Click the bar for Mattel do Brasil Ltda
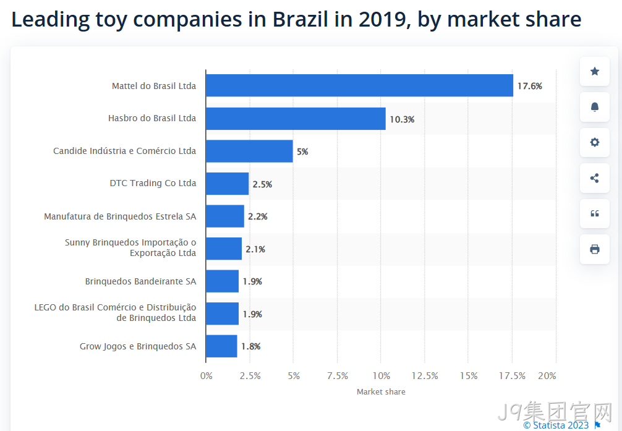pyautogui.click(x=359, y=85)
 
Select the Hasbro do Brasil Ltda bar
pyautogui.click(x=296, y=118)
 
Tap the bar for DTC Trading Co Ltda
pyautogui.click(x=228, y=184)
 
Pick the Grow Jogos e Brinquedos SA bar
pyautogui.click(x=222, y=346)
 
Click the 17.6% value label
pyautogui.click(x=530, y=86)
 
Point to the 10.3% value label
pyautogui.click(x=402, y=119)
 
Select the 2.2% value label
pyautogui.click(x=258, y=216)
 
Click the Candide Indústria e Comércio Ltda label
pyautogui.click(x=124, y=151)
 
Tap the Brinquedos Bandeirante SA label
pyautogui.click(x=140, y=281)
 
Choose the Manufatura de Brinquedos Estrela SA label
pyautogui.click(x=120, y=216)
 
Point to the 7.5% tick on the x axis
pyautogui.click(x=338, y=376)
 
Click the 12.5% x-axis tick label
pyautogui.click(x=425, y=376)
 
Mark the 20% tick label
pyautogui.click(x=547, y=376)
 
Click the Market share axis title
pyautogui.click(x=381, y=391)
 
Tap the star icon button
pyautogui.click(x=595, y=72)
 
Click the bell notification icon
pyautogui.click(x=595, y=107)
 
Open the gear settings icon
pyautogui.click(x=595, y=142)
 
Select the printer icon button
pyautogui.click(x=595, y=249)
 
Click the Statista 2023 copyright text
pyautogui.click(x=556, y=425)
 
